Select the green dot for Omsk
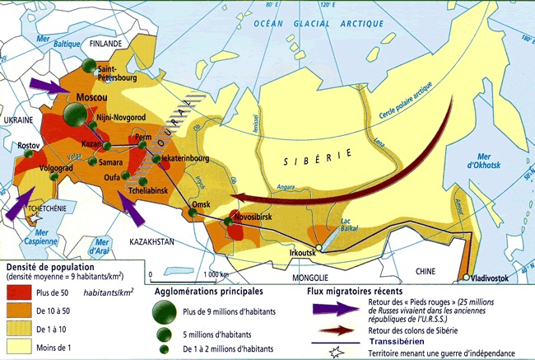(192, 213)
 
